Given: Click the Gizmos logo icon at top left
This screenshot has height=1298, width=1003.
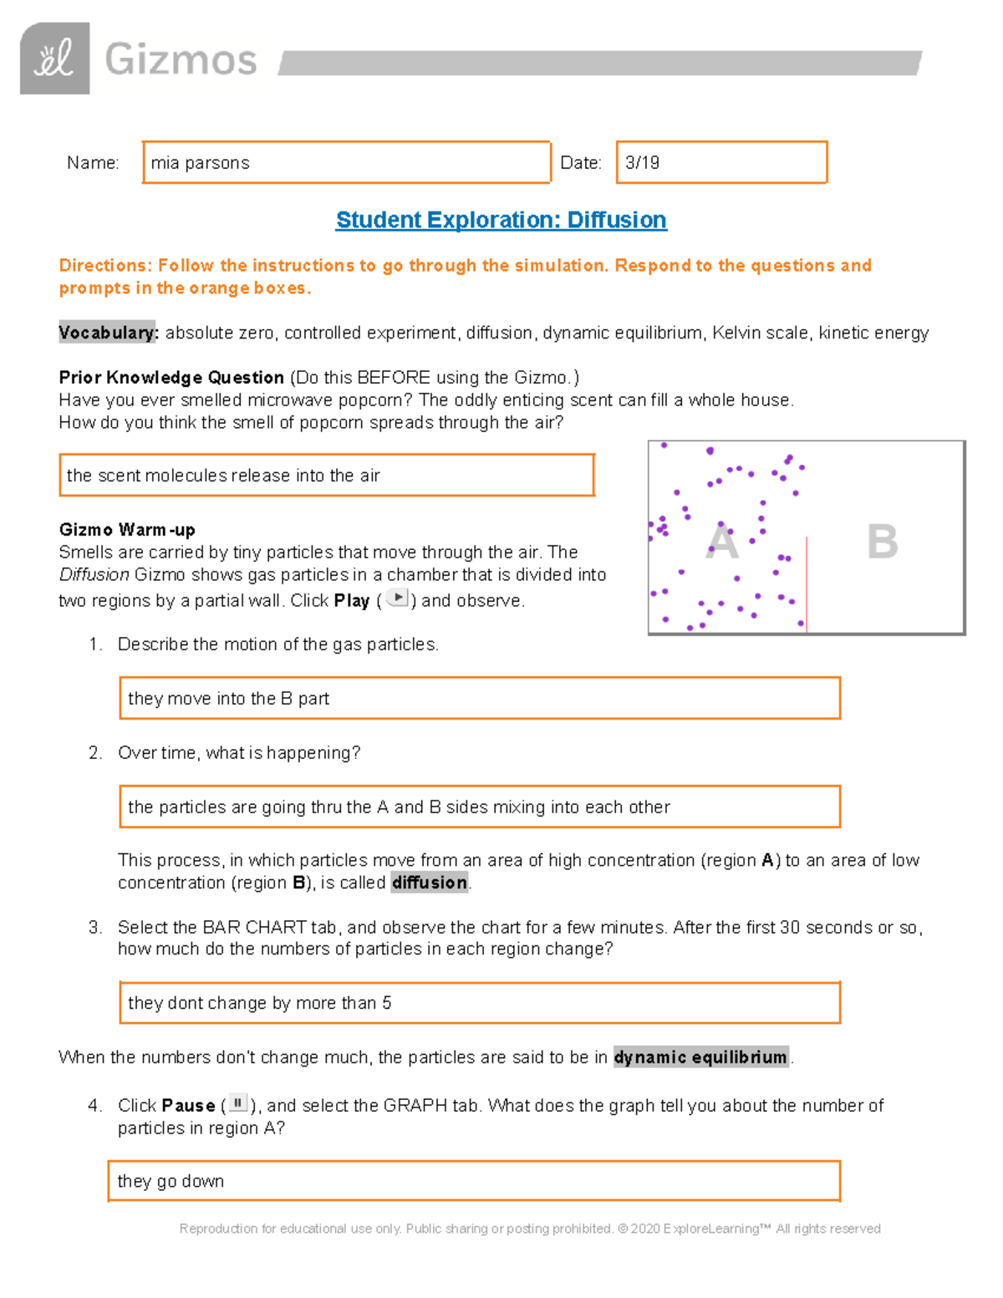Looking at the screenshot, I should (x=54, y=59).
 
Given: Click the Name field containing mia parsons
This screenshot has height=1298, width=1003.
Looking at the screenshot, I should (x=346, y=162).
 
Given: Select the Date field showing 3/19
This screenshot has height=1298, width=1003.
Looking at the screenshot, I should (x=721, y=162).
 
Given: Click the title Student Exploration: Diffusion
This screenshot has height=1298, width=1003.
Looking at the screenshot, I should (x=501, y=220).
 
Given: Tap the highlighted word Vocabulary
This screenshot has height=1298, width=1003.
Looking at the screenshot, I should (x=108, y=333).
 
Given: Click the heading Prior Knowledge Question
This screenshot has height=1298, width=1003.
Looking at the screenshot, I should (x=171, y=377).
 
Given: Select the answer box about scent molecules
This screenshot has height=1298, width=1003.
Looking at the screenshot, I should (x=326, y=475).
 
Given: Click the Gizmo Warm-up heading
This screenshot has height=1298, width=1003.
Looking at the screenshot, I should (x=127, y=529).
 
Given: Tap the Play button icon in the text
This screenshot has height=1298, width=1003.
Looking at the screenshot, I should (x=398, y=598).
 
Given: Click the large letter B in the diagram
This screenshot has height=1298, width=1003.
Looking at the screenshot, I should (x=882, y=542).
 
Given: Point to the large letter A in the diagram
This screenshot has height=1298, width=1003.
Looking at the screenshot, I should (x=722, y=542).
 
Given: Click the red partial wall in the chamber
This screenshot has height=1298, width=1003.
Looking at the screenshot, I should (x=807, y=585).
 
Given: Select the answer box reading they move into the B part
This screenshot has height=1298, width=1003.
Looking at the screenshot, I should (x=479, y=698).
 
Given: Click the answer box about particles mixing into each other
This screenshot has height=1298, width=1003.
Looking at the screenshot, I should (x=479, y=807).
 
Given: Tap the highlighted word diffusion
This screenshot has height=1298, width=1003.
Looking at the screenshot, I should (x=430, y=883).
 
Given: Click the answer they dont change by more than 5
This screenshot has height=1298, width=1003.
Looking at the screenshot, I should (x=479, y=1003).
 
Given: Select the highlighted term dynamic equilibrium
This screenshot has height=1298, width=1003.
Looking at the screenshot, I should (x=700, y=1057).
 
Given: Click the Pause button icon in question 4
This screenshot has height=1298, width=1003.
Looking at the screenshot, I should (x=238, y=1104).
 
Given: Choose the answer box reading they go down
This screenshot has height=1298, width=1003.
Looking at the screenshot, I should (x=473, y=1181).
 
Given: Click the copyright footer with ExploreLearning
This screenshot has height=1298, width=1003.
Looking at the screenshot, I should (x=530, y=1229).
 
